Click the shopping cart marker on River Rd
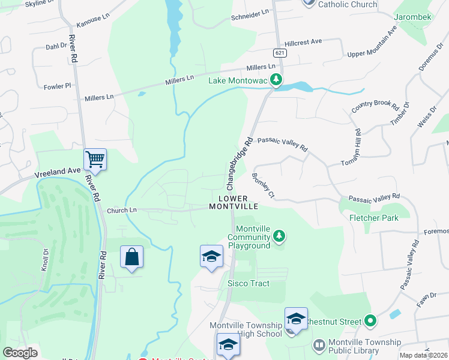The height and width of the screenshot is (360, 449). (95, 160)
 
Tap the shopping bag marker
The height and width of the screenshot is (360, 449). (131, 257)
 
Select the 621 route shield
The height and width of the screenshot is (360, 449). (280, 53)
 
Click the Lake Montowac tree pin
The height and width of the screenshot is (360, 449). (276, 80)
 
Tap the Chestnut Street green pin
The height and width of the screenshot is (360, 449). (370, 322)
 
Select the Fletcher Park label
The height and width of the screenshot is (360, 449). (374, 218)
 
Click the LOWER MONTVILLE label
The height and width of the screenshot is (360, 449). (234, 202)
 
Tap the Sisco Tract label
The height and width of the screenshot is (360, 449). (248, 283)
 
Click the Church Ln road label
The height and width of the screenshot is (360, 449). (122, 211)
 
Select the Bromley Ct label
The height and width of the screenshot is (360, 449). (263, 186)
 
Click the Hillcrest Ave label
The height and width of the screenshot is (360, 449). (304, 42)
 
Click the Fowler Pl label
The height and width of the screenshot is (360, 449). (58, 86)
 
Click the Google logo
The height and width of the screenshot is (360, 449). (20, 353)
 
